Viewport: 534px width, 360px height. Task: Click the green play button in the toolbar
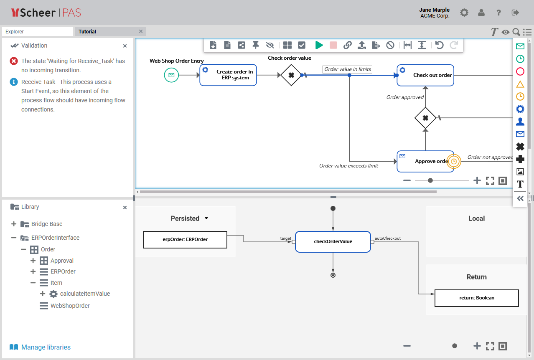click(319, 45)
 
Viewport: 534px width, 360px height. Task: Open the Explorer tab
click(38, 32)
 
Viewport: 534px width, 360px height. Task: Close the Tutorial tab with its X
click(141, 31)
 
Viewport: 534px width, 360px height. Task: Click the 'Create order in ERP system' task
click(228, 75)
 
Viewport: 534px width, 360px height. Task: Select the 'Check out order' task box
click(425, 75)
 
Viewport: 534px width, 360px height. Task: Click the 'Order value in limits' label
click(348, 69)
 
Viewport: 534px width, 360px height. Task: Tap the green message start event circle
click(171, 75)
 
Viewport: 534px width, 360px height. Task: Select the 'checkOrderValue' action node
click(333, 241)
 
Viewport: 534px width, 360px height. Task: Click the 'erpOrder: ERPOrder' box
click(185, 240)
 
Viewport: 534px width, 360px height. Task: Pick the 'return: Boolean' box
click(476, 298)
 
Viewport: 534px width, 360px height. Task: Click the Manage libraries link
click(46, 347)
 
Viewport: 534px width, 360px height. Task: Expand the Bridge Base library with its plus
click(14, 224)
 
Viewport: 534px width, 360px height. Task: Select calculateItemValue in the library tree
click(85, 294)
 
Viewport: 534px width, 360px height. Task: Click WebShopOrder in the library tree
click(70, 306)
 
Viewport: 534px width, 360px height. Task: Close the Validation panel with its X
click(125, 46)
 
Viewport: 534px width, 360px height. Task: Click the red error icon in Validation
click(14, 61)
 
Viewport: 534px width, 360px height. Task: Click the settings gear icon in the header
click(464, 13)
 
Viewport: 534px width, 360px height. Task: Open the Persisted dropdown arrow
click(206, 218)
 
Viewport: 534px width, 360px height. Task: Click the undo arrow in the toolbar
click(439, 45)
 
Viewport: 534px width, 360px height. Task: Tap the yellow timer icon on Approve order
click(454, 161)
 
